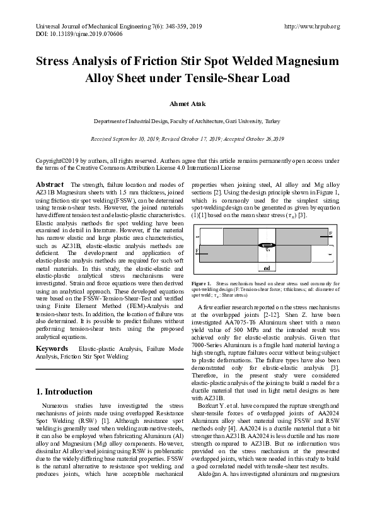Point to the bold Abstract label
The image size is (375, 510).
(x=49, y=184)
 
